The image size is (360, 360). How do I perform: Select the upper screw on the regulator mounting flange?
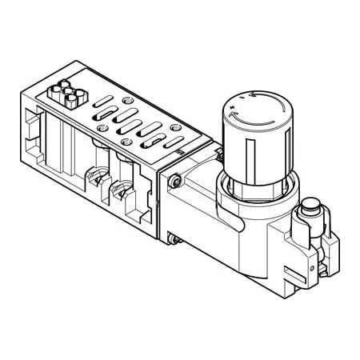coord(175,182)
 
